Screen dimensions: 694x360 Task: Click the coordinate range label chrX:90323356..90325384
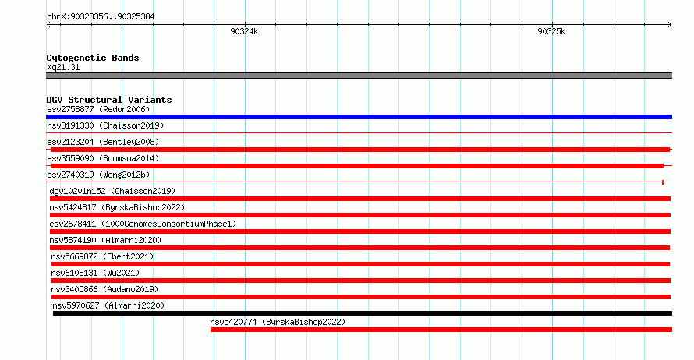pyautogui.click(x=101, y=17)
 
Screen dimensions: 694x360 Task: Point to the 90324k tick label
pyautogui.click(x=244, y=31)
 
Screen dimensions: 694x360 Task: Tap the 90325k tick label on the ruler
pyautogui.click(x=551, y=31)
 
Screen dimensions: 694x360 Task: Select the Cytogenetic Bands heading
pyautogui.click(x=93, y=58)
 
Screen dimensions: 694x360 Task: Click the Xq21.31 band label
pyautogui.click(x=63, y=67)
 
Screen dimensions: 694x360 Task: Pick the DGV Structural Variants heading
pyautogui.click(x=109, y=100)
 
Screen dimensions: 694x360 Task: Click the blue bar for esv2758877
pyautogui.click(x=359, y=117)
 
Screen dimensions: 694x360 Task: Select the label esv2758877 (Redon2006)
pyautogui.click(x=98, y=109)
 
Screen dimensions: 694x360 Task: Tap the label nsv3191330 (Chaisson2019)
pyautogui.click(x=105, y=125)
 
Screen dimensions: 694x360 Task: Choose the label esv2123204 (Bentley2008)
pyautogui.click(x=103, y=142)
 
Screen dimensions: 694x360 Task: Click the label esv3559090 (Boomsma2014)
pyautogui.click(x=103, y=158)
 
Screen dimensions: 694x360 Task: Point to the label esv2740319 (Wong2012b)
pyautogui.click(x=98, y=175)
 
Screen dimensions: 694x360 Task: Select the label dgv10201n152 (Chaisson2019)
pyautogui.click(x=112, y=191)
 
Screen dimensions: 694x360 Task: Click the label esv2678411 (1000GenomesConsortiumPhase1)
pyautogui.click(x=143, y=224)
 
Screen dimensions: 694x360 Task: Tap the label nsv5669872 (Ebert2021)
pyautogui.click(x=102, y=256)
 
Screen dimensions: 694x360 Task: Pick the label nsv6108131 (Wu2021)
pyautogui.click(x=95, y=273)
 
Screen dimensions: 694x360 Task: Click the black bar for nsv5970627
pyautogui.click(x=363, y=313)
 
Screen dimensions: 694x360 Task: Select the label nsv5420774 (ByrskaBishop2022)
pyautogui.click(x=278, y=322)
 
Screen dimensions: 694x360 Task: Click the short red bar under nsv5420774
pyautogui.click(x=441, y=330)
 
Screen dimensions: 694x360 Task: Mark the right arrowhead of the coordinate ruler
pyautogui.click(x=671, y=25)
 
